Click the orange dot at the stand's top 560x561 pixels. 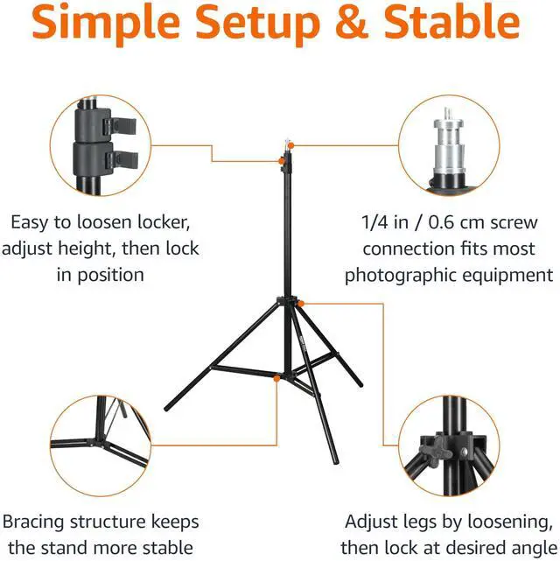pos(280,159)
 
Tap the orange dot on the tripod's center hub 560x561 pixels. pos(302,303)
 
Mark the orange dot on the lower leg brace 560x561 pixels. pos(276,379)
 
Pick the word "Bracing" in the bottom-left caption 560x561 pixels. pos(39,522)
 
